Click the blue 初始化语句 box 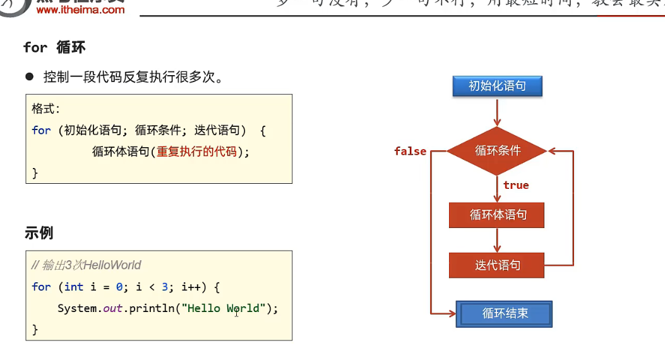click(x=497, y=86)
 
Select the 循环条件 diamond click(x=497, y=151)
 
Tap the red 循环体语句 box click(x=497, y=215)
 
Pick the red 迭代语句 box click(x=497, y=265)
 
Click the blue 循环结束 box click(x=504, y=313)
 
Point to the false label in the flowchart click(x=410, y=152)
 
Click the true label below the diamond click(x=516, y=185)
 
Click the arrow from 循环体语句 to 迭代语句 click(x=497, y=240)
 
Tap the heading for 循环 click(x=54, y=47)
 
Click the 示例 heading click(x=39, y=233)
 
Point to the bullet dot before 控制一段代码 click(x=29, y=77)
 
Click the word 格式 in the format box click(x=44, y=109)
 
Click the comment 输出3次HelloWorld click(x=87, y=265)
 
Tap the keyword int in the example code click(x=74, y=287)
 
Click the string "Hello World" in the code click(x=220, y=308)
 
